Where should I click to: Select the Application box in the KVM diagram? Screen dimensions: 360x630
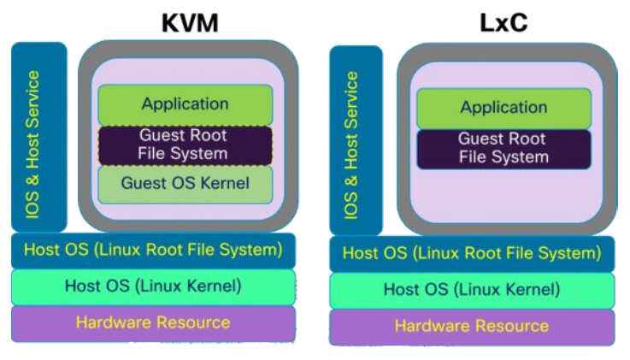coord(185,104)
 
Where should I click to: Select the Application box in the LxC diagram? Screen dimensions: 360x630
coord(503,109)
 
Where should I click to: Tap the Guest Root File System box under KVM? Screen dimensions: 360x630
coord(185,145)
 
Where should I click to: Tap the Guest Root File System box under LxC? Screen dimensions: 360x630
coord(503,148)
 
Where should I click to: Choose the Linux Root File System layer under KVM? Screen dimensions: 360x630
coord(153,251)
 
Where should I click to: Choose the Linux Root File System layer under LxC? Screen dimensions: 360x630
coord(471,254)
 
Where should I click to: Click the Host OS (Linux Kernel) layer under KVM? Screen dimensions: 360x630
coord(153,286)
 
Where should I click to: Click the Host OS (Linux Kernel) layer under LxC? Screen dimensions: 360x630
coord(471,290)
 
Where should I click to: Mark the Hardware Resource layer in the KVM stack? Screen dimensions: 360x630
coord(153,322)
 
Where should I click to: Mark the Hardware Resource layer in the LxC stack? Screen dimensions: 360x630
coord(471,326)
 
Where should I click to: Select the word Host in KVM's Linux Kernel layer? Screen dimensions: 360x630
coord(82,286)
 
